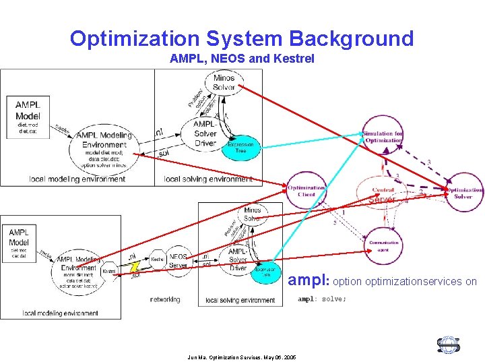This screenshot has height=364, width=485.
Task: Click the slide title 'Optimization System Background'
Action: coord(242,38)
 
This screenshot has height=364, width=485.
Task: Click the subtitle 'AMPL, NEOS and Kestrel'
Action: coord(242,59)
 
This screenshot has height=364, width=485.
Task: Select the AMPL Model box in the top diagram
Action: coord(28,115)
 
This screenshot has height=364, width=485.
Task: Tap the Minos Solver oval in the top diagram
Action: coord(224,82)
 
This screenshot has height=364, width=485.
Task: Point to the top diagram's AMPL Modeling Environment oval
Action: coord(104,140)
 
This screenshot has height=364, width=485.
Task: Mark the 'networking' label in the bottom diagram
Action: coord(165,299)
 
